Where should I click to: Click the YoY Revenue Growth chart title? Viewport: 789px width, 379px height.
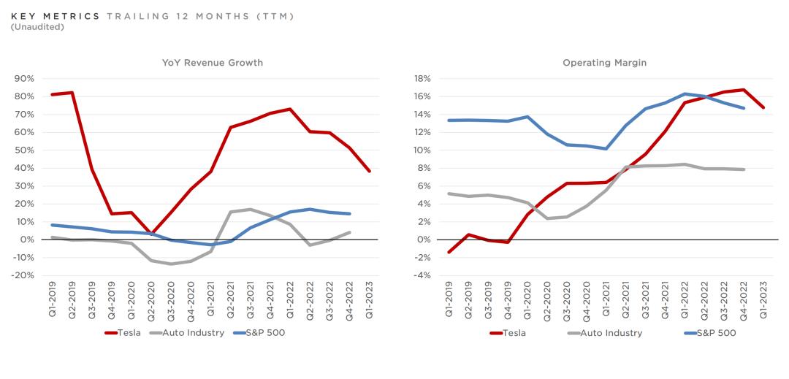[x=212, y=63]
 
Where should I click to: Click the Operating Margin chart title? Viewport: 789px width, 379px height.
[x=604, y=63]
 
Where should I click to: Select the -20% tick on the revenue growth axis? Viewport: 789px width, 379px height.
[x=23, y=275]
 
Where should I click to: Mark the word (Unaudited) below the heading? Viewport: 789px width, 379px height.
[x=37, y=27]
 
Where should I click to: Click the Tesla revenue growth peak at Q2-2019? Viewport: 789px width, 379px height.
[x=72, y=93]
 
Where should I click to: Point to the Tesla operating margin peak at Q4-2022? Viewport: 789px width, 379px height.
[x=744, y=90]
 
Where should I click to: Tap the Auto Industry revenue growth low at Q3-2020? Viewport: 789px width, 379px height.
[x=171, y=264]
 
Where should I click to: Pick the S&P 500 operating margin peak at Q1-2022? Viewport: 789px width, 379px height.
[x=685, y=93]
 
